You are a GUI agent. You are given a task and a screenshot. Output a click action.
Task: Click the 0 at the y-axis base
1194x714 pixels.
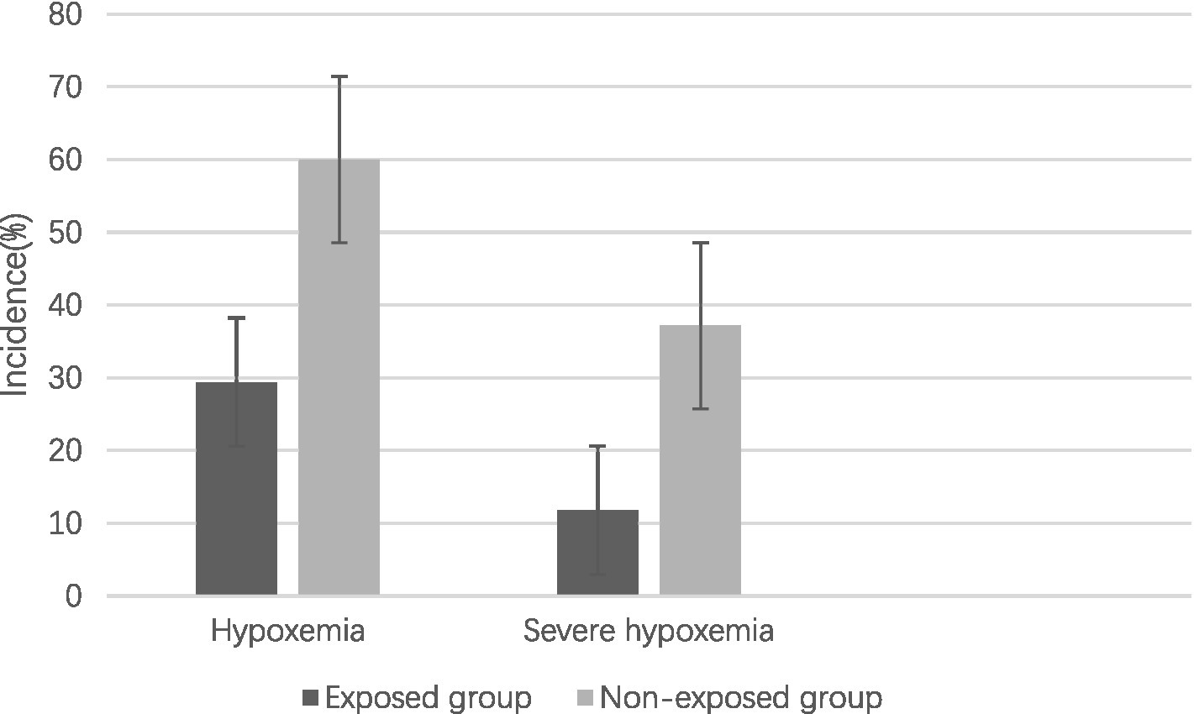(x=73, y=596)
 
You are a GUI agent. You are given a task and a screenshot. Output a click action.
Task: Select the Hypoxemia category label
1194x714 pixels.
(x=288, y=632)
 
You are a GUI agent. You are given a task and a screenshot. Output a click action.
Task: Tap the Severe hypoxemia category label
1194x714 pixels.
(x=648, y=632)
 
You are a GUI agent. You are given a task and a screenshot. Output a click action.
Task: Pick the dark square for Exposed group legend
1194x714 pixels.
(x=311, y=698)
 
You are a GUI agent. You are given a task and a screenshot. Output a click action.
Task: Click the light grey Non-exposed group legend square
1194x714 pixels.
(x=585, y=698)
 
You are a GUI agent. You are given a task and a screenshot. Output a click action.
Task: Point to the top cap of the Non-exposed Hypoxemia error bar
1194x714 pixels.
(x=339, y=76)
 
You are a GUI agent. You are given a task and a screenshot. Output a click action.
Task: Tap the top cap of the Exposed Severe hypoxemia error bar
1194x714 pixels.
(x=597, y=446)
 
